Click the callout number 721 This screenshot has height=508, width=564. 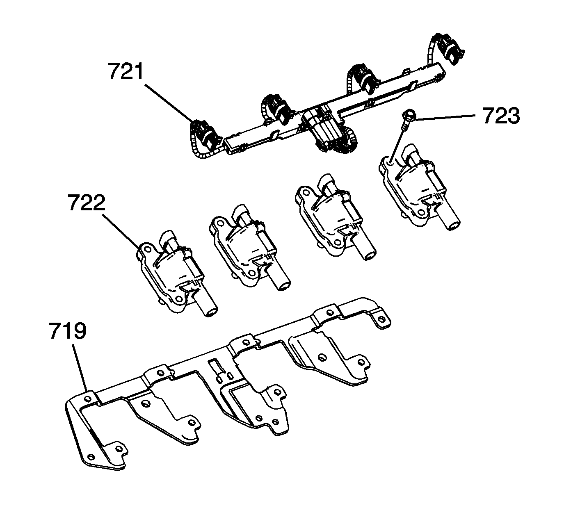point(126,71)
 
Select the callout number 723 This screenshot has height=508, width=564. point(501,116)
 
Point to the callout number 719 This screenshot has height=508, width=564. point(68,331)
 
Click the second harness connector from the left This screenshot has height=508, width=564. point(279,109)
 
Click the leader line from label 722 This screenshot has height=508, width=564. point(121,230)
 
